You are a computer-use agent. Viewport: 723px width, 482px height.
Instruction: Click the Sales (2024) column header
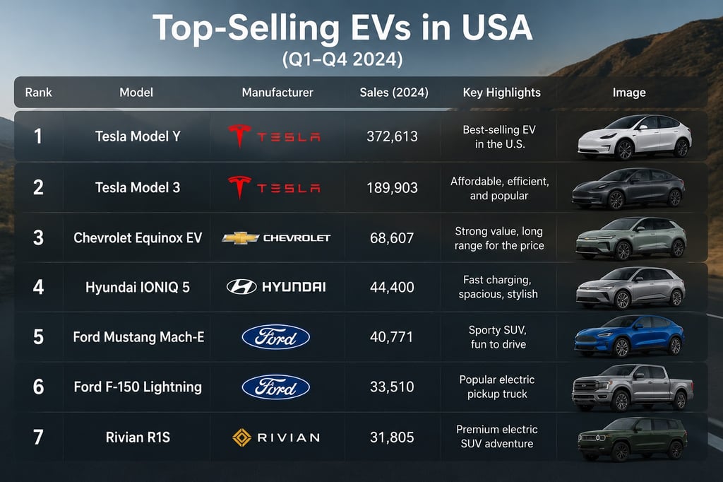point(394,93)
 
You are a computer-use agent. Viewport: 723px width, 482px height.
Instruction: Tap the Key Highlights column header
point(502,93)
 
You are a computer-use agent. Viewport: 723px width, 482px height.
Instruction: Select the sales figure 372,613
point(392,136)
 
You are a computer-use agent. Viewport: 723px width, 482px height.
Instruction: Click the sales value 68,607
point(392,238)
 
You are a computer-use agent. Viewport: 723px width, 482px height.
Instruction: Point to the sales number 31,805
point(392,437)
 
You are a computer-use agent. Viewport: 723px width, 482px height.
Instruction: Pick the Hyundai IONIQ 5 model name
point(138,287)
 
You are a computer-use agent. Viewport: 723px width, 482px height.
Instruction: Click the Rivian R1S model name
point(138,437)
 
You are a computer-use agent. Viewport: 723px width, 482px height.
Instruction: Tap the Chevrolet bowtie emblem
point(240,238)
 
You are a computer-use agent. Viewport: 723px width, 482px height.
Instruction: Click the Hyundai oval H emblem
point(241,287)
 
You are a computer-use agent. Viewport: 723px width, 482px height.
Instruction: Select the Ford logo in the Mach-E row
point(276,337)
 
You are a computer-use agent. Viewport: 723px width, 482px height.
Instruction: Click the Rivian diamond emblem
point(241,437)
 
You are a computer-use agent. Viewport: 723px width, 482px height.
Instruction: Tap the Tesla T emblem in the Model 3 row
point(240,187)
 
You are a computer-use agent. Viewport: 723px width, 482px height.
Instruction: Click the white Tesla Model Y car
point(635,137)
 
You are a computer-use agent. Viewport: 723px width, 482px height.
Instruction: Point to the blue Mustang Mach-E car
point(629,336)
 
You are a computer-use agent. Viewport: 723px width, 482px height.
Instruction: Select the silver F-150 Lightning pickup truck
point(633,387)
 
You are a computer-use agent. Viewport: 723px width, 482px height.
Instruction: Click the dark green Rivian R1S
point(632,438)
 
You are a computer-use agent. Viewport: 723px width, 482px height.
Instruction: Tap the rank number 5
point(38,337)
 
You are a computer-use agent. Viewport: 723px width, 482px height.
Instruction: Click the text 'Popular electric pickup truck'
point(497,387)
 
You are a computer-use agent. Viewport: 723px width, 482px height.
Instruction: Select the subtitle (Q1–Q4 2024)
point(342,59)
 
